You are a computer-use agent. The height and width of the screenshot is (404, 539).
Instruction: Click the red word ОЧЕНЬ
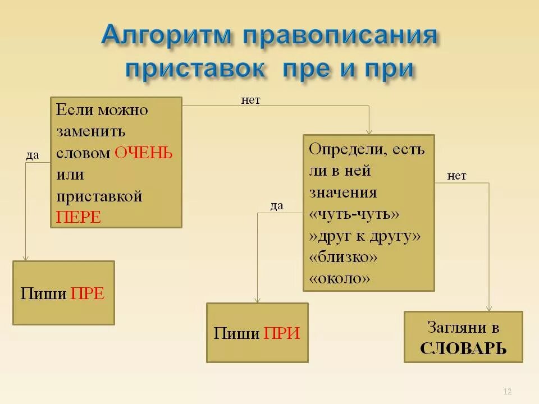pyautogui.click(x=143, y=153)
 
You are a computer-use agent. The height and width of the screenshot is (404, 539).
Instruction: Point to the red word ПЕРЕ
pyautogui.click(x=78, y=217)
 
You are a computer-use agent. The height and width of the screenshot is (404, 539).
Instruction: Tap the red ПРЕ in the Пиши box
pyautogui.click(x=88, y=293)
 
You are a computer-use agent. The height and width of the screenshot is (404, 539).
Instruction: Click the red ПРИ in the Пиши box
pyautogui.click(x=282, y=334)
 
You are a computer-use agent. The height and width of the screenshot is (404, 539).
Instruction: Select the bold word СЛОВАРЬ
pyautogui.click(x=463, y=348)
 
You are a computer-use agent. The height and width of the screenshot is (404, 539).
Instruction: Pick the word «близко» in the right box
pyautogui.click(x=343, y=256)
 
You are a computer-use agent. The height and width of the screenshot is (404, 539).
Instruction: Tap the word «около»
pyautogui.click(x=340, y=278)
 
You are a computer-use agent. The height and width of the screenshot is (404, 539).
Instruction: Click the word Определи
pyautogui.click(x=340, y=149)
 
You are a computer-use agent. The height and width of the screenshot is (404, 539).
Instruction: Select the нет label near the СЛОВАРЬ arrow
pyautogui.click(x=456, y=176)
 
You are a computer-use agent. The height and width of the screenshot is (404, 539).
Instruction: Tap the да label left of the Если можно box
pyautogui.click(x=33, y=155)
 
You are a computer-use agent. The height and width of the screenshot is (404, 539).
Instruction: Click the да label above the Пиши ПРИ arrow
pyautogui.click(x=276, y=206)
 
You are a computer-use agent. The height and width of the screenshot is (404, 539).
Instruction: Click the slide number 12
pyautogui.click(x=508, y=391)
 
